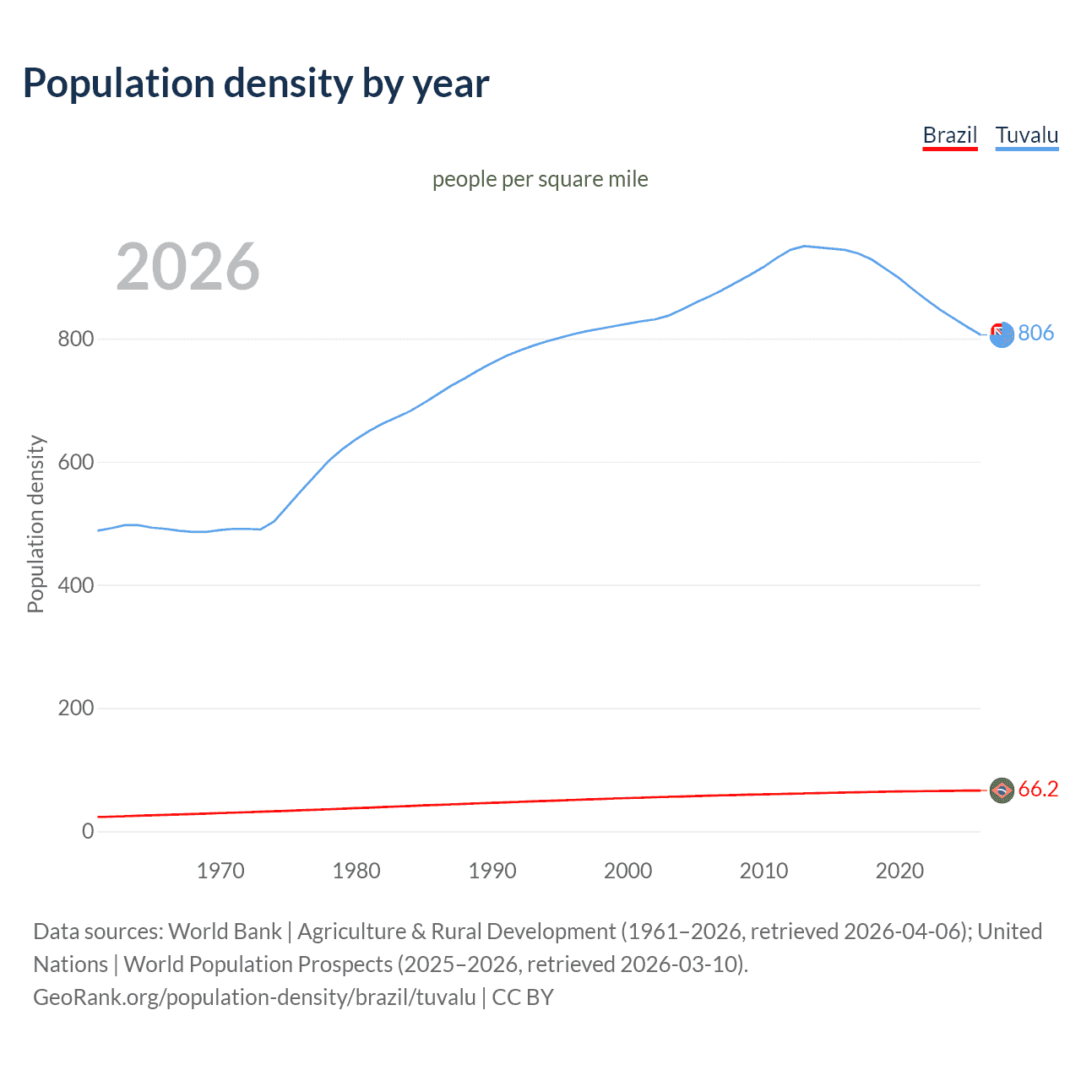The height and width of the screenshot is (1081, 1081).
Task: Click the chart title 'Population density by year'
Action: [256, 84]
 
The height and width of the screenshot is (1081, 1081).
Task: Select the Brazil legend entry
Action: [949, 135]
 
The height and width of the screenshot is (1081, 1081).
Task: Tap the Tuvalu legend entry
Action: [1026, 135]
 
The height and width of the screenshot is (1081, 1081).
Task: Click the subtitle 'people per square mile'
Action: [540, 179]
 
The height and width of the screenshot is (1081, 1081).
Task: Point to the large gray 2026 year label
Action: [187, 267]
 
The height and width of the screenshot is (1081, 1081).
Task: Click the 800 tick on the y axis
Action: [75, 340]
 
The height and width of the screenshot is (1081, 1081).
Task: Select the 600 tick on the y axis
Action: [75, 462]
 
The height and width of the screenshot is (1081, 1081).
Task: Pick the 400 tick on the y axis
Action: [75, 585]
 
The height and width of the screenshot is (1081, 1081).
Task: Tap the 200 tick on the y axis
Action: [75, 708]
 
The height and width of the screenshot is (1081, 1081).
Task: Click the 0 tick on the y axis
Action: [88, 831]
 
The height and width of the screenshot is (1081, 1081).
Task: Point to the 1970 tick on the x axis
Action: [220, 871]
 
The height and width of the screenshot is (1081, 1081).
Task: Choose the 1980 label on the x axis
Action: [356, 871]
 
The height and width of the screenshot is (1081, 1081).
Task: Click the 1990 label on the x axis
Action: [492, 871]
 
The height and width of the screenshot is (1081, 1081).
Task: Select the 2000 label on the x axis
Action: [627, 871]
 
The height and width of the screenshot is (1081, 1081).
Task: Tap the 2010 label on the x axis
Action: [763, 871]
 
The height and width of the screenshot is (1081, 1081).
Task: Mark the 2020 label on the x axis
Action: [899, 871]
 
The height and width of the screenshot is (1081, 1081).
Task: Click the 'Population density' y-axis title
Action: [35, 524]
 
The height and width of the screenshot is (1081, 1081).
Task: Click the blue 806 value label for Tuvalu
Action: [1035, 333]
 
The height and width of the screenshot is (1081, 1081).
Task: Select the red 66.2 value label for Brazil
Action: [1038, 789]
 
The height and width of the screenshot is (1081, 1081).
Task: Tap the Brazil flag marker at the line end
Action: [1002, 790]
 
